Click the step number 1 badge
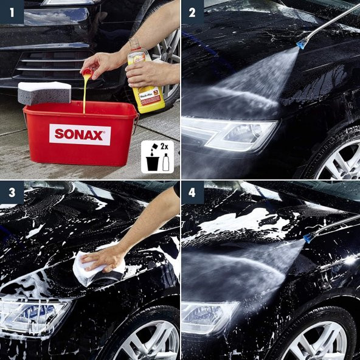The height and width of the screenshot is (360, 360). coord(11,12)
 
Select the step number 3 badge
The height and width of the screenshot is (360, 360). coord(11,192)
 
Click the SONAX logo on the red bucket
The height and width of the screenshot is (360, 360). coord(80,134)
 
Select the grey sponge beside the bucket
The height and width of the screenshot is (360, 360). coord(43,92)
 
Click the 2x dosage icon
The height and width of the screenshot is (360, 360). coord(157,157)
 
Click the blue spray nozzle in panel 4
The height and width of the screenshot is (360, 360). coord(308,237)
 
